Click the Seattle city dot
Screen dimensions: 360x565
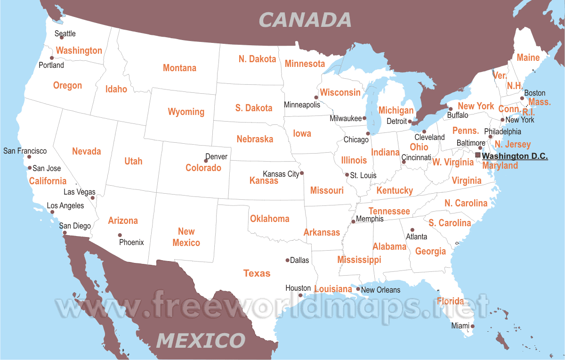62,37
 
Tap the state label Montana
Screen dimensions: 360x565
179,68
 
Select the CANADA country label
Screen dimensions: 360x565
305,20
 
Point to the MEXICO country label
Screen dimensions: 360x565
201,340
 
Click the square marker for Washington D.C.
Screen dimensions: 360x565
478,155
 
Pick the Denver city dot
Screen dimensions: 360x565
206,161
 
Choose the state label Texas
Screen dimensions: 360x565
257,273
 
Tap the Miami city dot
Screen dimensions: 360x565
473,326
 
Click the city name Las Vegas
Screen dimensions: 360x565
79,192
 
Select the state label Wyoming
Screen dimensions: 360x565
186,112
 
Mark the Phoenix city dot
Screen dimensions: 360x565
120,235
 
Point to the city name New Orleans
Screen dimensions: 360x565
380,290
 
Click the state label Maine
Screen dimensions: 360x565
528,58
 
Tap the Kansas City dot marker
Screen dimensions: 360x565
302,173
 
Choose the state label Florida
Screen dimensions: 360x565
450,301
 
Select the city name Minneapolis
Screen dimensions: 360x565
302,105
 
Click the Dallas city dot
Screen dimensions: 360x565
288,260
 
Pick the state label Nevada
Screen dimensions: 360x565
87,151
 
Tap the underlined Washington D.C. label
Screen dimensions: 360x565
515,156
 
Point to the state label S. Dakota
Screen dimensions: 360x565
254,108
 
